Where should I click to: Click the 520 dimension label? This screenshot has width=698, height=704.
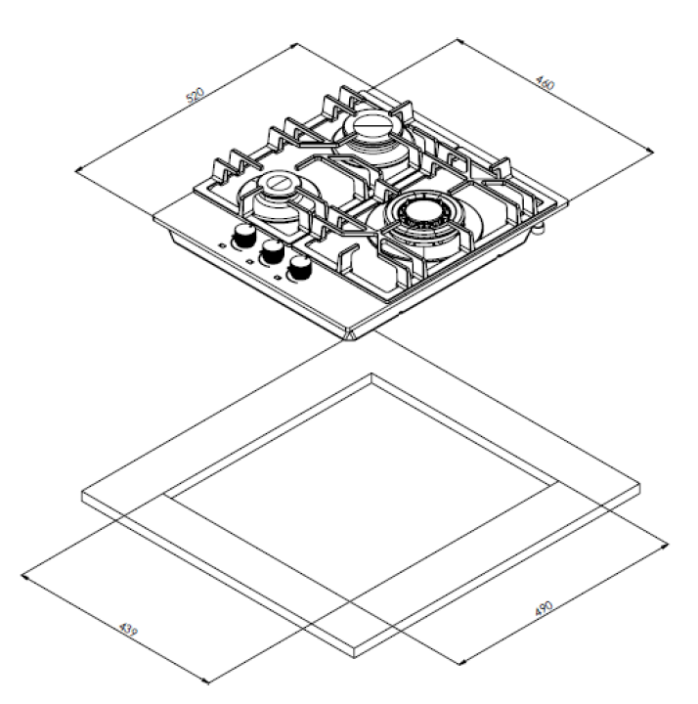pos(195,97)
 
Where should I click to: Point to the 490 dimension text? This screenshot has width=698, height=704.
pos(545,609)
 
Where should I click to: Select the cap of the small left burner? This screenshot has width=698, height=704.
pos(278,183)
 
